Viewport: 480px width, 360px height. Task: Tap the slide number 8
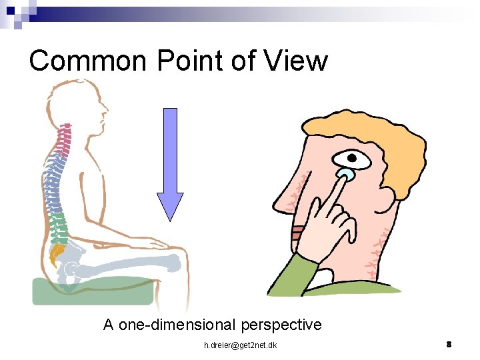(x=449, y=344)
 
